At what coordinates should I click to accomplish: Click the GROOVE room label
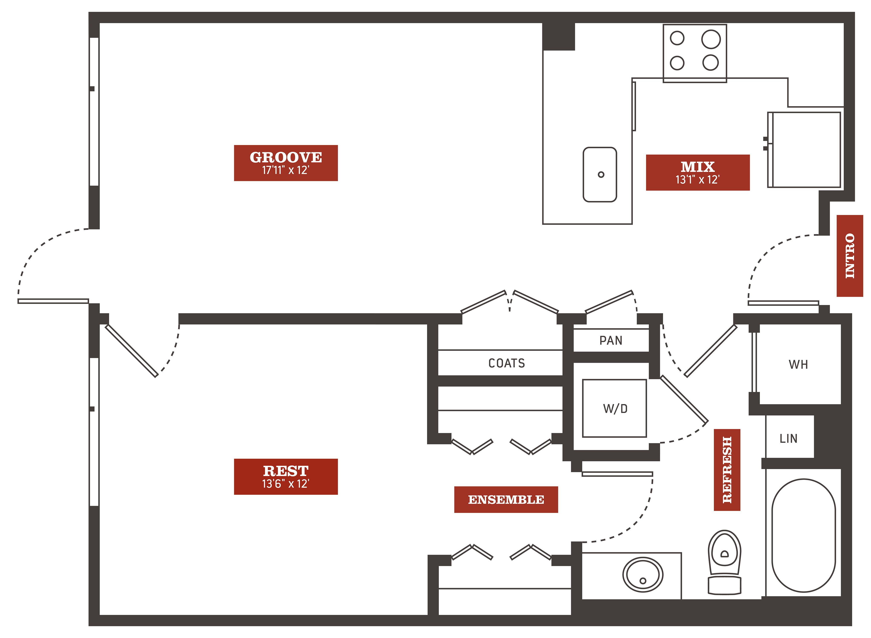(286, 157)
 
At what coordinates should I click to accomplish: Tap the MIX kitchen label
(698, 167)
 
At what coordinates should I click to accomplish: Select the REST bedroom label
(286, 471)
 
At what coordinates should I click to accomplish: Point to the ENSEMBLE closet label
(506, 499)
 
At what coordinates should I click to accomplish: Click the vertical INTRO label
(850, 256)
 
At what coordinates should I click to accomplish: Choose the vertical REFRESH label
(727, 470)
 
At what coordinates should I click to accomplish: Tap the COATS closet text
(507, 363)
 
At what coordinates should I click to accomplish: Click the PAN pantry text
(611, 340)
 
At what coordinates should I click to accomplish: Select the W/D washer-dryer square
(614, 408)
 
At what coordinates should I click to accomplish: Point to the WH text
(798, 364)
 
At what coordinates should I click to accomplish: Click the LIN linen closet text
(788, 438)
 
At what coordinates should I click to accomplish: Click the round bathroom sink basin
(643, 575)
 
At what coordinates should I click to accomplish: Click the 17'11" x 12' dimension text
(286, 170)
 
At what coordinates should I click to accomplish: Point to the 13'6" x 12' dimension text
(286, 484)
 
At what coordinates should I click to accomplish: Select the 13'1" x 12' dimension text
(698, 179)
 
